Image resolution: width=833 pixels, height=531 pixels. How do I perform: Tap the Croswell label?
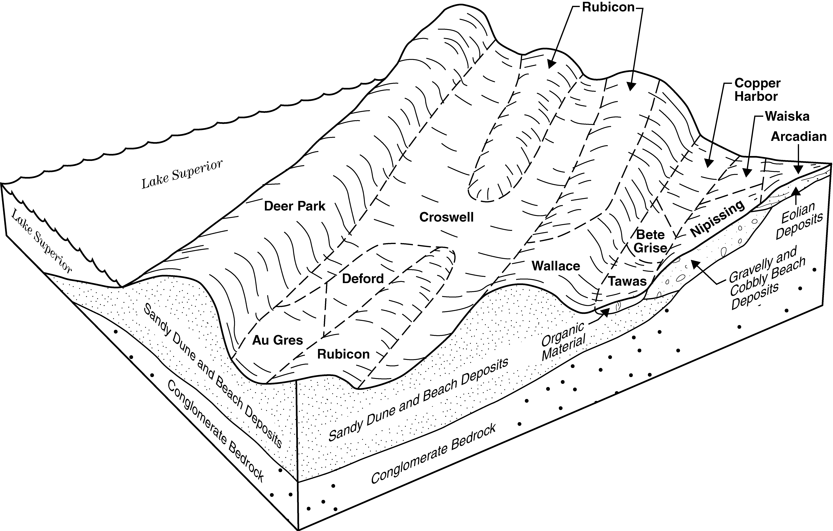click(446, 217)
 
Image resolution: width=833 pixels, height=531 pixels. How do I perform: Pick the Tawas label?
click(628, 281)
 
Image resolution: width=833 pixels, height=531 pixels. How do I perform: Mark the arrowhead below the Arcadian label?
click(798, 169)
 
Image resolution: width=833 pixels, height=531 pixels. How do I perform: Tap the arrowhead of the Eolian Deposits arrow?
click(797, 190)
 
